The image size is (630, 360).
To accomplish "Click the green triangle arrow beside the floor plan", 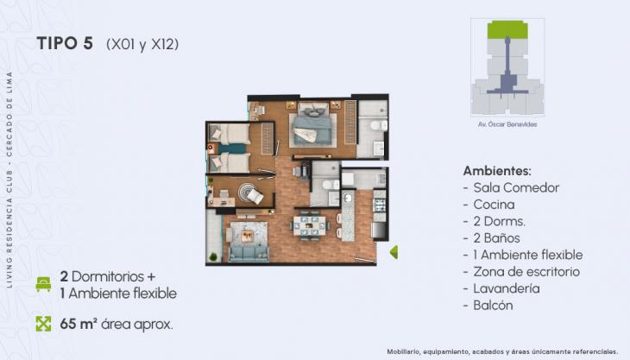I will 394,252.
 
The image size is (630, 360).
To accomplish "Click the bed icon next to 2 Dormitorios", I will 42,284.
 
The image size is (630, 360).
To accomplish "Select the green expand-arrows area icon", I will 42,325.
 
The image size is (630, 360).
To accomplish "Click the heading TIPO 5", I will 65,44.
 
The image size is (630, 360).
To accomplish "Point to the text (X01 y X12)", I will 142,45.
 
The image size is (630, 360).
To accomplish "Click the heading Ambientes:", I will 497,170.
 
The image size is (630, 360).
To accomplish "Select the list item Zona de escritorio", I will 526,271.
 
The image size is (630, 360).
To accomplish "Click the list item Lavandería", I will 507,288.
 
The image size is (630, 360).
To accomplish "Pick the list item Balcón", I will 493,306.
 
